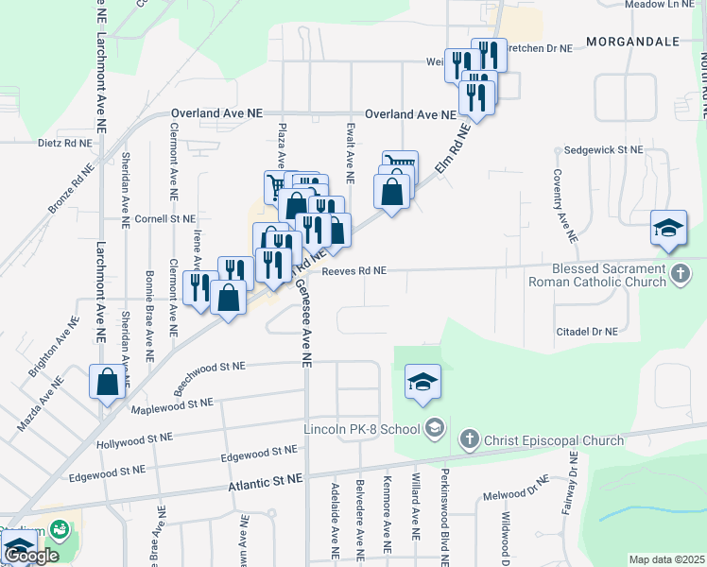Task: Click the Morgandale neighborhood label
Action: (x=633, y=42)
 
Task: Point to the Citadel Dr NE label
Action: (x=586, y=332)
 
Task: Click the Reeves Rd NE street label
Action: (x=354, y=270)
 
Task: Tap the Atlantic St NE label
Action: (x=266, y=482)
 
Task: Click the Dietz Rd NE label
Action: (x=65, y=144)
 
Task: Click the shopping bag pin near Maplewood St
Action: (x=107, y=382)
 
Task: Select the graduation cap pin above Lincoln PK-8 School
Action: (x=422, y=381)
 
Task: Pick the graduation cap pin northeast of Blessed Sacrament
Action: (x=668, y=228)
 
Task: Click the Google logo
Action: (x=30, y=556)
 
